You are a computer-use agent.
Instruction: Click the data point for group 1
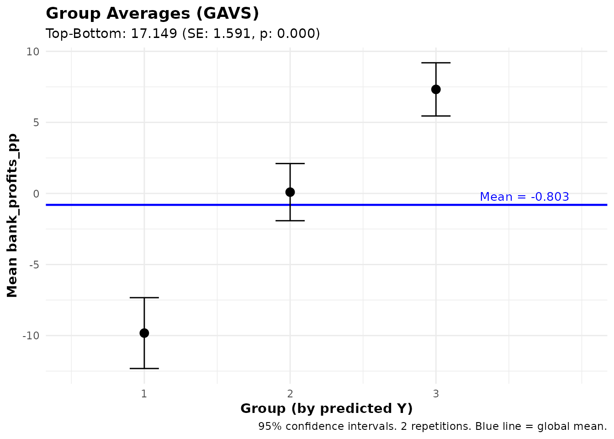click(x=144, y=333)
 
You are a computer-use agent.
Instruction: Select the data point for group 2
click(x=290, y=192)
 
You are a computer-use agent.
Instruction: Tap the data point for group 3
click(x=436, y=89)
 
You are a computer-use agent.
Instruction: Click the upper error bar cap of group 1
click(x=144, y=298)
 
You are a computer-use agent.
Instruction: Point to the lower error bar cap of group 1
click(x=144, y=368)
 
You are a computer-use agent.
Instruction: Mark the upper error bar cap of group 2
click(x=290, y=163)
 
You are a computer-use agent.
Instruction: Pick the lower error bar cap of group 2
click(x=290, y=221)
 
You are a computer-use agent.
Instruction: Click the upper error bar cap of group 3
click(x=436, y=63)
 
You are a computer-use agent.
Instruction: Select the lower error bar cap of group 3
click(x=436, y=116)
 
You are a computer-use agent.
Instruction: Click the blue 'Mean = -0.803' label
click(x=524, y=197)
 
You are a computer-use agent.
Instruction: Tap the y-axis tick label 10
click(x=33, y=52)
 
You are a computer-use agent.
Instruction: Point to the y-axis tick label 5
click(x=36, y=123)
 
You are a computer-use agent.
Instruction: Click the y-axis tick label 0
click(x=36, y=194)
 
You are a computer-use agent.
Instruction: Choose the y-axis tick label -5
click(x=34, y=265)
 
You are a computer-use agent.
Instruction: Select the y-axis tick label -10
click(x=31, y=336)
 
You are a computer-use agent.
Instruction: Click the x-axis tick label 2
click(x=290, y=394)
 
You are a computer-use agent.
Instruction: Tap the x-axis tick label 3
click(x=436, y=394)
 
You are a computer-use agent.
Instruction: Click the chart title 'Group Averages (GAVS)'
click(x=152, y=14)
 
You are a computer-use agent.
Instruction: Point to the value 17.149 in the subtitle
click(x=154, y=34)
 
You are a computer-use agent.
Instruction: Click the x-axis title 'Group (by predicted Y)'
click(x=326, y=408)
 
